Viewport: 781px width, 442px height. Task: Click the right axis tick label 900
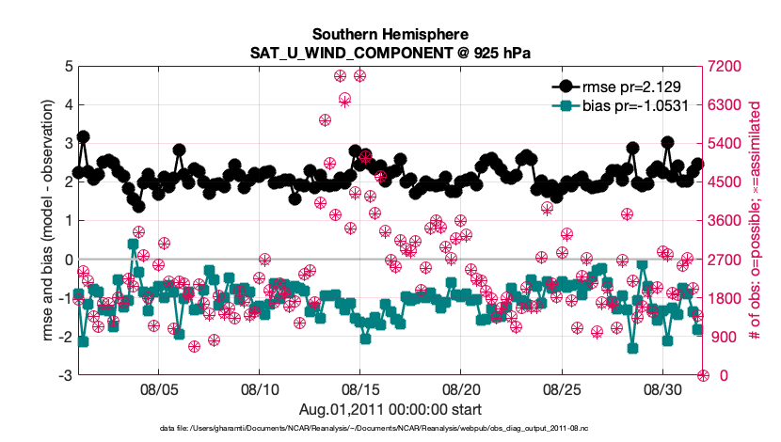pos(723,337)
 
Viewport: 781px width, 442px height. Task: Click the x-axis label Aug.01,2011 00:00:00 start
pos(390,409)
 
